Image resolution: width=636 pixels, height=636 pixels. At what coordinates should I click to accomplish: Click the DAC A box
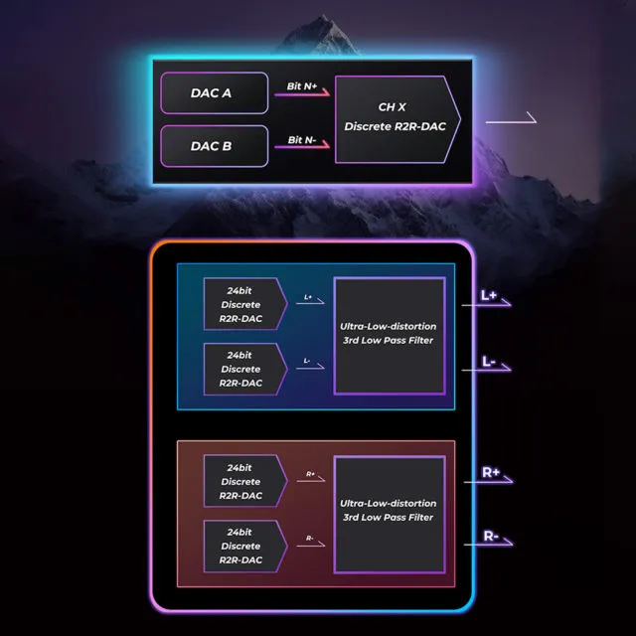[215, 92]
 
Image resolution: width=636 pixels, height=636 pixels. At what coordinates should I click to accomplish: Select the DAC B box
[215, 146]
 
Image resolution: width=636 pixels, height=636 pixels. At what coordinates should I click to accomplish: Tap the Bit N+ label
[302, 86]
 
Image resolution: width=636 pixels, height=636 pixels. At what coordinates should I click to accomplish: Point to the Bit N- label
[302, 139]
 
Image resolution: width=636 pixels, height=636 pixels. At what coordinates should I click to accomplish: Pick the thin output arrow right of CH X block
[511, 120]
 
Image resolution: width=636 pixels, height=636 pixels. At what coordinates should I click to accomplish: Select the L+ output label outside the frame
[489, 295]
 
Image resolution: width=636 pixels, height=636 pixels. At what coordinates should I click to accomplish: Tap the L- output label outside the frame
[488, 361]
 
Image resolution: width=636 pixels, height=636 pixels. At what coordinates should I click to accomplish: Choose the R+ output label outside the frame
[491, 472]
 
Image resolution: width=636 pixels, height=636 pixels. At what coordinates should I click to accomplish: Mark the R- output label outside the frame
[491, 536]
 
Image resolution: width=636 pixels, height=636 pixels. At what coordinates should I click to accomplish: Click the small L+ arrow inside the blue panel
[310, 302]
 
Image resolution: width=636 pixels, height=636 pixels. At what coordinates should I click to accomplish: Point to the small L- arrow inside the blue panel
[310, 368]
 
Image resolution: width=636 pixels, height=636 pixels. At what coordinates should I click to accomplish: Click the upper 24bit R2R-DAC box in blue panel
[245, 304]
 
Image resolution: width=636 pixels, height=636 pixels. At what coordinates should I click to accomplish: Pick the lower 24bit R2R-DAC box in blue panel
[245, 369]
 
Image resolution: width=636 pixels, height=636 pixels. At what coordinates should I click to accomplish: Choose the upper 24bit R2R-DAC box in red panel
[245, 481]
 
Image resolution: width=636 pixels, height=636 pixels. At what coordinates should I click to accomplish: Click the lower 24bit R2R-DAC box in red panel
[245, 546]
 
